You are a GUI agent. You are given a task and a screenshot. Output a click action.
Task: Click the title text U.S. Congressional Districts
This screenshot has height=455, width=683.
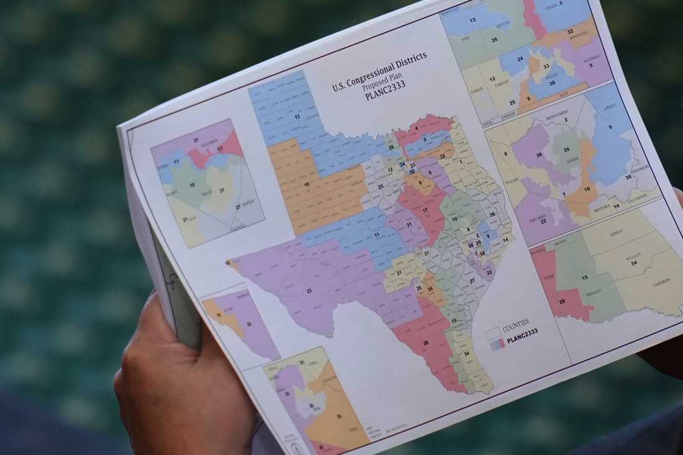pyautogui.click(x=379, y=71)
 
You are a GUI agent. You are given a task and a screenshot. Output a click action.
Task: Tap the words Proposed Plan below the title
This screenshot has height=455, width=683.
pyautogui.click(x=381, y=79)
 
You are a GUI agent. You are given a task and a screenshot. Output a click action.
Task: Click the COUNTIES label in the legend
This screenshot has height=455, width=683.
pyautogui.click(x=516, y=324)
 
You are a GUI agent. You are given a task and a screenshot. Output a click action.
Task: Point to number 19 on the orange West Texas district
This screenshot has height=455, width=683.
pyautogui.click(x=307, y=184)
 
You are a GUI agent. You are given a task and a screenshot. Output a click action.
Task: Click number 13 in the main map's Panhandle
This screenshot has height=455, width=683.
pyautogui.click(x=297, y=116)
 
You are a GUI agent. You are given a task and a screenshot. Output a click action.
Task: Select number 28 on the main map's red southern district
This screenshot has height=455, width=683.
pyautogui.click(x=426, y=343)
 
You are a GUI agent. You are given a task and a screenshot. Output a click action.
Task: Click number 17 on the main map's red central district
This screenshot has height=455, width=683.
pyautogui.click(x=425, y=210)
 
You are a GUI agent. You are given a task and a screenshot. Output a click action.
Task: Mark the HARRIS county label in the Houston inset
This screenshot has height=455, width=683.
pyautogui.click(x=570, y=160)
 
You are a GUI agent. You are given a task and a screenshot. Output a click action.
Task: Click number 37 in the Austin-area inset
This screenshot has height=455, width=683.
pyautogui.click(x=221, y=191)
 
